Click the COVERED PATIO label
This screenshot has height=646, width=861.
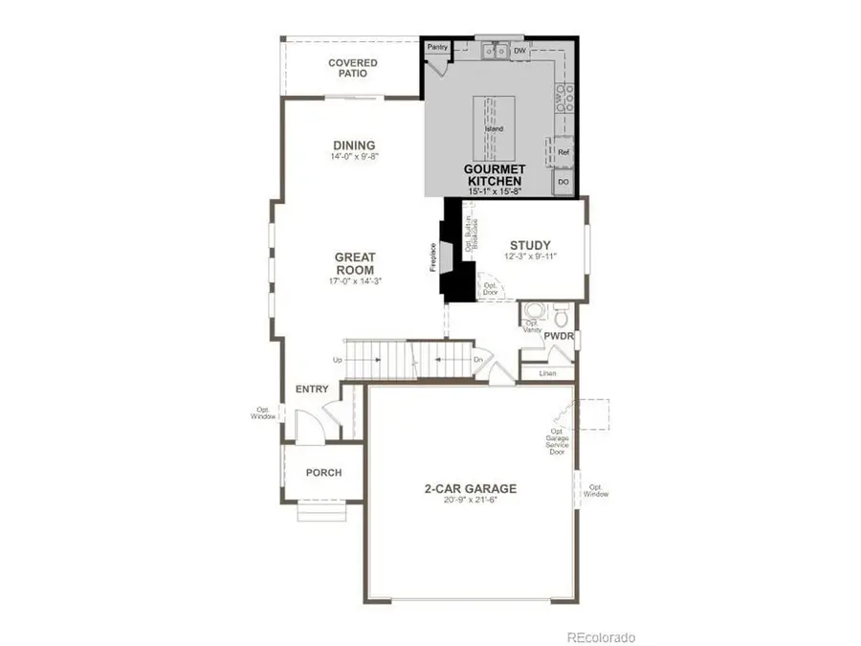353,68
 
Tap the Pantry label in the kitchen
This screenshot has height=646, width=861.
438,47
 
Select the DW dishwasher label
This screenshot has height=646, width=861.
519,51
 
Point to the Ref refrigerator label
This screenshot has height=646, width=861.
563,152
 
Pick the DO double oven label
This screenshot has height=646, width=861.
563,181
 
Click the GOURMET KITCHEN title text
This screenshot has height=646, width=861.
493,174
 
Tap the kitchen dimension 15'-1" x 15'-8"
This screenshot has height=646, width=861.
495,192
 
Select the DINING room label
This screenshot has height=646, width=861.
354,145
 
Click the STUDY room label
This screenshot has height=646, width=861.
530,245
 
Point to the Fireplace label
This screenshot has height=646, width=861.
433,259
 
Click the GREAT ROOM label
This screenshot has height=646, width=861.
354,263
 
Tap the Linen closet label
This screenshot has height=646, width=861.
548,373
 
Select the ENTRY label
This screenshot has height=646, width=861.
313,389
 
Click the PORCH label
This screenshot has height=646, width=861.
323,473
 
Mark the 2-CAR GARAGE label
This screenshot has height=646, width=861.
470,488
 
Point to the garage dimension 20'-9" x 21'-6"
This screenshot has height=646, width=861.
470,501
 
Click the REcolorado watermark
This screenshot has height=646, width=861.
601,637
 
